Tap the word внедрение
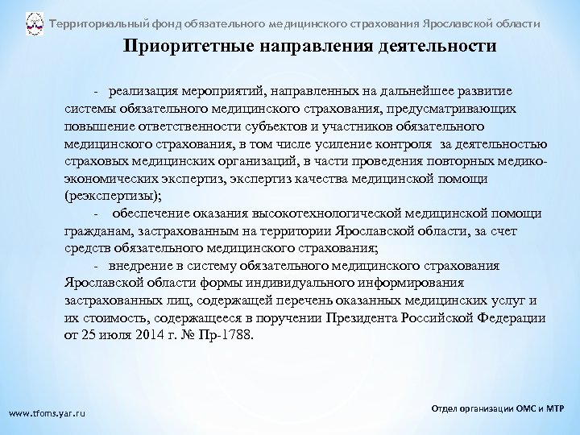146,265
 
